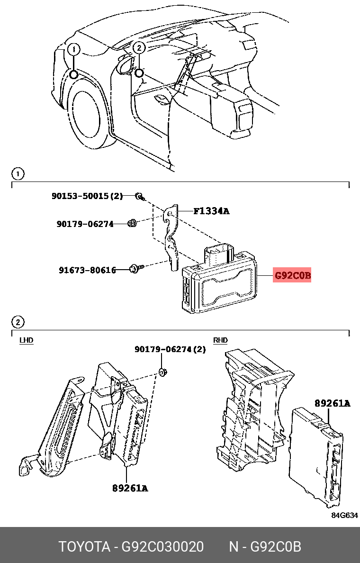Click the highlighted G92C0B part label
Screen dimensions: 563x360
(x=292, y=275)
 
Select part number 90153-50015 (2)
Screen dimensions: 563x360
(x=87, y=196)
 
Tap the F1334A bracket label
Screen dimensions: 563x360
(x=211, y=211)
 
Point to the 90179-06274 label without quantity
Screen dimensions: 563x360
(x=85, y=224)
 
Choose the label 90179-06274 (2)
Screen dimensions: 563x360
(x=170, y=349)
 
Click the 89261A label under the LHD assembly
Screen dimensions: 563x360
(x=130, y=488)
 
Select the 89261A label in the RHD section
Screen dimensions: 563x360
(x=332, y=403)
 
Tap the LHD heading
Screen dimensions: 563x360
(x=26, y=340)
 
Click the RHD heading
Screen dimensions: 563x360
(x=220, y=340)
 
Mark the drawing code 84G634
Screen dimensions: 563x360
(x=344, y=515)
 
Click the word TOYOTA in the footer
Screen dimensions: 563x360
(x=84, y=547)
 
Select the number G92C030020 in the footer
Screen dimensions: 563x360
(x=163, y=547)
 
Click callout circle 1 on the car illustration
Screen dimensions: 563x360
(x=74, y=49)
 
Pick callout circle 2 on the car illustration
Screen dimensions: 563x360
(x=138, y=47)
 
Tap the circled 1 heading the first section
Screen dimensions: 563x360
(x=17, y=174)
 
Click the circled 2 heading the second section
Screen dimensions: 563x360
(x=17, y=323)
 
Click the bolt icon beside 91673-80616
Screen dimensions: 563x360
(x=134, y=269)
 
